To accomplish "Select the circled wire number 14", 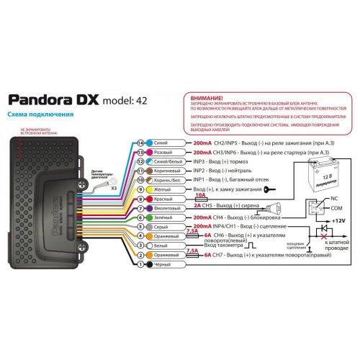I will pos(141,143).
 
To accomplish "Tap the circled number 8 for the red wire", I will pos(141,198).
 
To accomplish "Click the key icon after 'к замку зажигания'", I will pos(269,189).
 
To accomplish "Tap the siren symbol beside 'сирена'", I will pos(276,208).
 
